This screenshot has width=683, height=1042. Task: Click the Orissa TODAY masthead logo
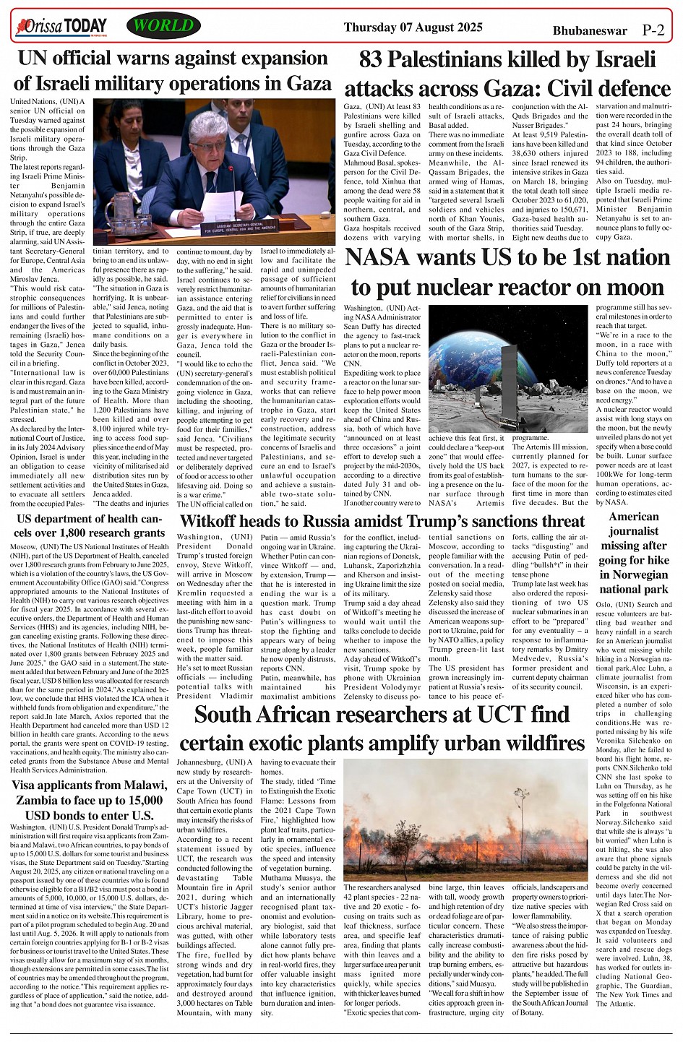61,27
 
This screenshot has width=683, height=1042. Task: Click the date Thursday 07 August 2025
413,27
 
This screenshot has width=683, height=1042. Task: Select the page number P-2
653,30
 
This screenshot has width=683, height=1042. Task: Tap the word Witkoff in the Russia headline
211,521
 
